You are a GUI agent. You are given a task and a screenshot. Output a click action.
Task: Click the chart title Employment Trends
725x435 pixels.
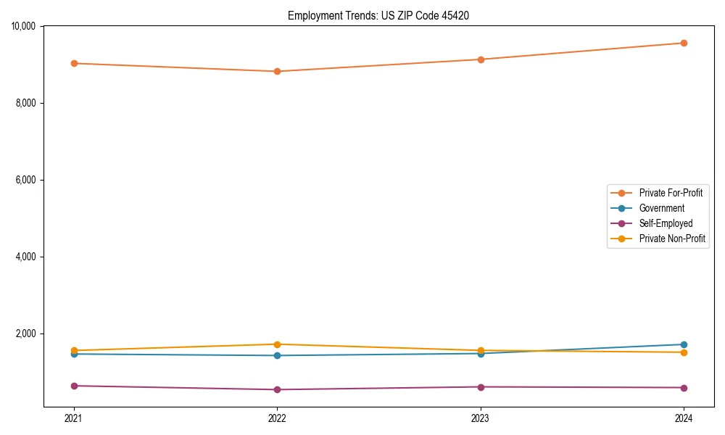[x=378, y=15]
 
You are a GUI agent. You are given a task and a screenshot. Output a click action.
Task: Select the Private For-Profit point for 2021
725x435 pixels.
[x=74, y=63]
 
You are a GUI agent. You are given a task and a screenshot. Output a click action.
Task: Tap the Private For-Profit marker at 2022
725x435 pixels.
[x=277, y=71]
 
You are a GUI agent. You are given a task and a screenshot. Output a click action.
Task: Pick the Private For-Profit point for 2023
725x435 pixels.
[x=481, y=59]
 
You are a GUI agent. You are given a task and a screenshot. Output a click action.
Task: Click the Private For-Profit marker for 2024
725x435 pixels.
[x=684, y=43]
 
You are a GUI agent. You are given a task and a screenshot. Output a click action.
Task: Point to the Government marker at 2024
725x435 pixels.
[x=684, y=344]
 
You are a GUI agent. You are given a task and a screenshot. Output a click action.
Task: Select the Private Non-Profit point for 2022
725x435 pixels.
[x=277, y=344]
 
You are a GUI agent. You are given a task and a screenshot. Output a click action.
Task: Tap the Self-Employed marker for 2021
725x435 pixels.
[x=74, y=386]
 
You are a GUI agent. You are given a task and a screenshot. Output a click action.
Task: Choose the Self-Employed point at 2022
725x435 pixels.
[x=277, y=389]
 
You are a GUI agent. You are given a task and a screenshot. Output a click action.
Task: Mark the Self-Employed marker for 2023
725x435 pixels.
[x=481, y=386]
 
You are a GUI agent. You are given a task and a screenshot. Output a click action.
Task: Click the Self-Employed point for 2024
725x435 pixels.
[x=684, y=387]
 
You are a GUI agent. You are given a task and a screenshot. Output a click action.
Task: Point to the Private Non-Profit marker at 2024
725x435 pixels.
[x=684, y=352]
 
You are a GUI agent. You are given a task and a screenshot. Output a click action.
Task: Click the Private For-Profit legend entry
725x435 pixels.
[x=670, y=193]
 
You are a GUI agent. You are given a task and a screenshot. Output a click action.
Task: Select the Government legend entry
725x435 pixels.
[x=661, y=208]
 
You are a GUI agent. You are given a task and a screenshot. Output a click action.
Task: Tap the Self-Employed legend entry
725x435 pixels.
[x=666, y=223]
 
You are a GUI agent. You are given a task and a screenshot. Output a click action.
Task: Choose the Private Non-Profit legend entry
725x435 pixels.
[x=672, y=239]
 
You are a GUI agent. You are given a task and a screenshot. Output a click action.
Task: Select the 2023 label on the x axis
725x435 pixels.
[x=481, y=418]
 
